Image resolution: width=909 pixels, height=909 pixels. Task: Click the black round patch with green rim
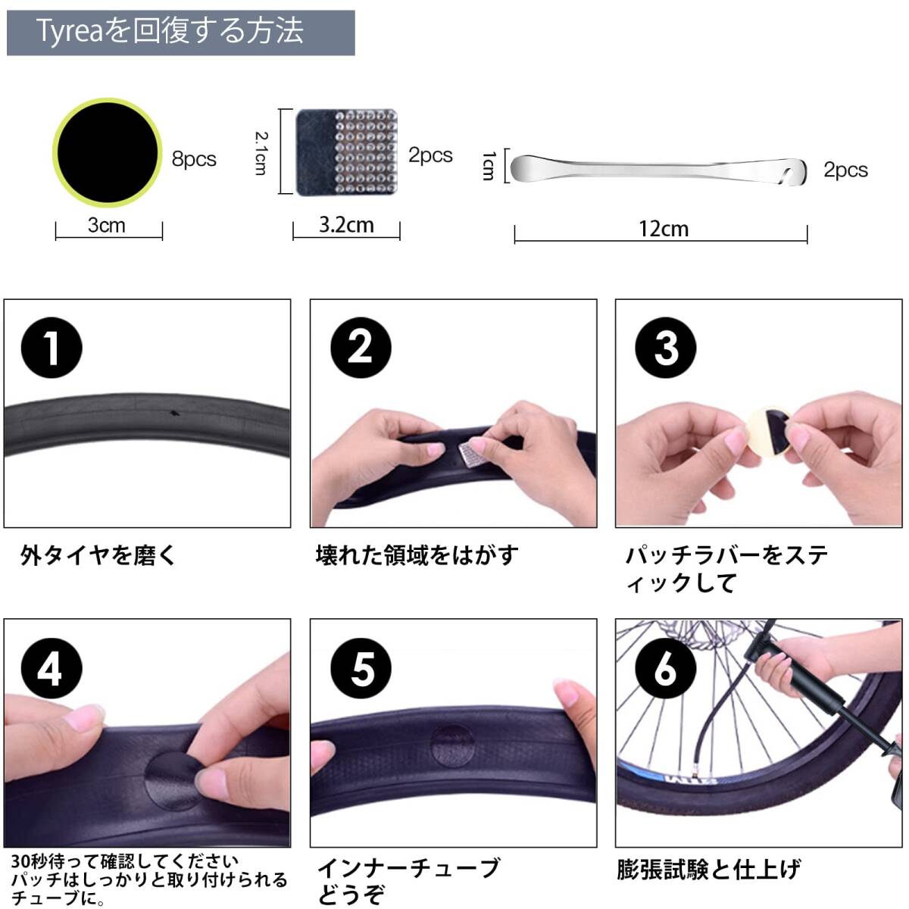click(x=108, y=152)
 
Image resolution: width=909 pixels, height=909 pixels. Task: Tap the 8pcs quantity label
click(x=194, y=159)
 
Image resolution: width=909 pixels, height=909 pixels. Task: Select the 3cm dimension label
click(x=107, y=225)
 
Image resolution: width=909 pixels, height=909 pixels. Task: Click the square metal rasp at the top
click(x=347, y=152)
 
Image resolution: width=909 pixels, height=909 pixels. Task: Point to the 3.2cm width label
click(x=346, y=225)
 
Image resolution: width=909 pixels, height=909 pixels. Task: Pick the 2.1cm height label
click(x=261, y=153)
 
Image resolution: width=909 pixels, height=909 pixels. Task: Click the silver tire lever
click(x=658, y=170)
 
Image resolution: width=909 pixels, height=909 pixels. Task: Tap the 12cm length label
click(x=664, y=230)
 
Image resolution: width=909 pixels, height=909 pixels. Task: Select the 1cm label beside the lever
click(x=489, y=166)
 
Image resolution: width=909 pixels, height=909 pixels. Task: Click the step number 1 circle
click(x=52, y=348)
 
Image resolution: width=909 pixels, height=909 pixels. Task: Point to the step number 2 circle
click(x=361, y=348)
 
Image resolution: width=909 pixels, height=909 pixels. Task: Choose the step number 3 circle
click(x=666, y=348)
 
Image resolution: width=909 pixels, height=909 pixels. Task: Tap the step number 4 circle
click(x=52, y=668)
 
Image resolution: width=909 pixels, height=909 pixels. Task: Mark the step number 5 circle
click(x=361, y=668)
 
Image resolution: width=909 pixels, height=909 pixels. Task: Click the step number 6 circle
click(x=666, y=668)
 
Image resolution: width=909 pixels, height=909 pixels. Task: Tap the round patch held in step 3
click(x=769, y=432)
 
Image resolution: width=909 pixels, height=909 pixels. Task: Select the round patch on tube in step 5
click(x=452, y=747)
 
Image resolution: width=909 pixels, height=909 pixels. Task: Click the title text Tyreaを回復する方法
click(x=170, y=32)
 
